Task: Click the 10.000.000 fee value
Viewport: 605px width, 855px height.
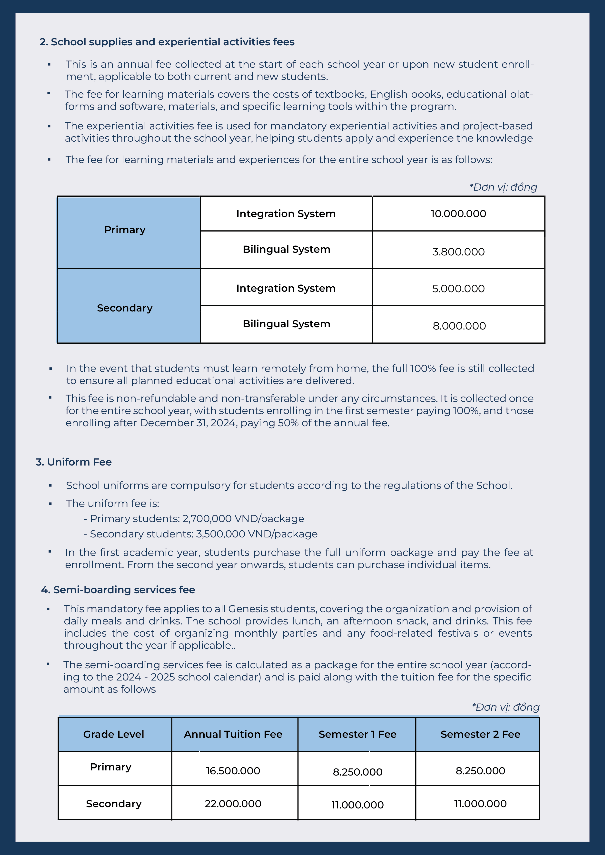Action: pyautogui.click(x=458, y=214)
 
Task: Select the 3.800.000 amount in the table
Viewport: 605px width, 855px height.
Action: pyautogui.click(x=458, y=252)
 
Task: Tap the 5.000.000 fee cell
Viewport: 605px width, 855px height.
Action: pyautogui.click(x=458, y=289)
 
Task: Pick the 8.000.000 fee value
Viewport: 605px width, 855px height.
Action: pyautogui.click(x=459, y=326)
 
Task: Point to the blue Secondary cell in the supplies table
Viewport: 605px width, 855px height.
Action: pyautogui.click(x=125, y=308)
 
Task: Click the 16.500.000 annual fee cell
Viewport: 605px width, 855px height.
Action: pyautogui.click(x=233, y=770)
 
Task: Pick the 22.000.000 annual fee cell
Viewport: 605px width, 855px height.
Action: pyautogui.click(x=233, y=804)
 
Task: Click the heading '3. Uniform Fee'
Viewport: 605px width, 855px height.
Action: pyautogui.click(x=74, y=462)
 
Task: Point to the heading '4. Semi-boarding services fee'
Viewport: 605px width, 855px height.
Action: pyautogui.click(x=118, y=590)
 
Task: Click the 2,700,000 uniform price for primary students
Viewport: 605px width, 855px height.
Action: pyautogui.click(x=207, y=519)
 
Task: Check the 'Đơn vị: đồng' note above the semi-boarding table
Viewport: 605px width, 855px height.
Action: pyautogui.click(x=506, y=707)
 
